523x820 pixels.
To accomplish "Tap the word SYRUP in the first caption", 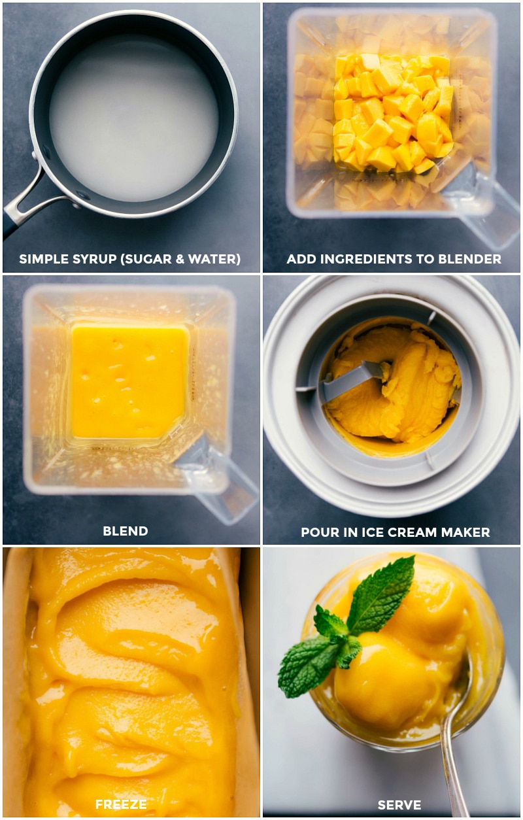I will point(82,260).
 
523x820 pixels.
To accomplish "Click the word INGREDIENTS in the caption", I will point(359,260).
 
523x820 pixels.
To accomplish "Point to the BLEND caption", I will point(125,532).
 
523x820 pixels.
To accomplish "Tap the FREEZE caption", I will point(121,804).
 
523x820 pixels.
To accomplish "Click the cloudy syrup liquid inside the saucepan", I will point(134,118).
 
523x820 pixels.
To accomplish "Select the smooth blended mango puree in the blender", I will point(129,381).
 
